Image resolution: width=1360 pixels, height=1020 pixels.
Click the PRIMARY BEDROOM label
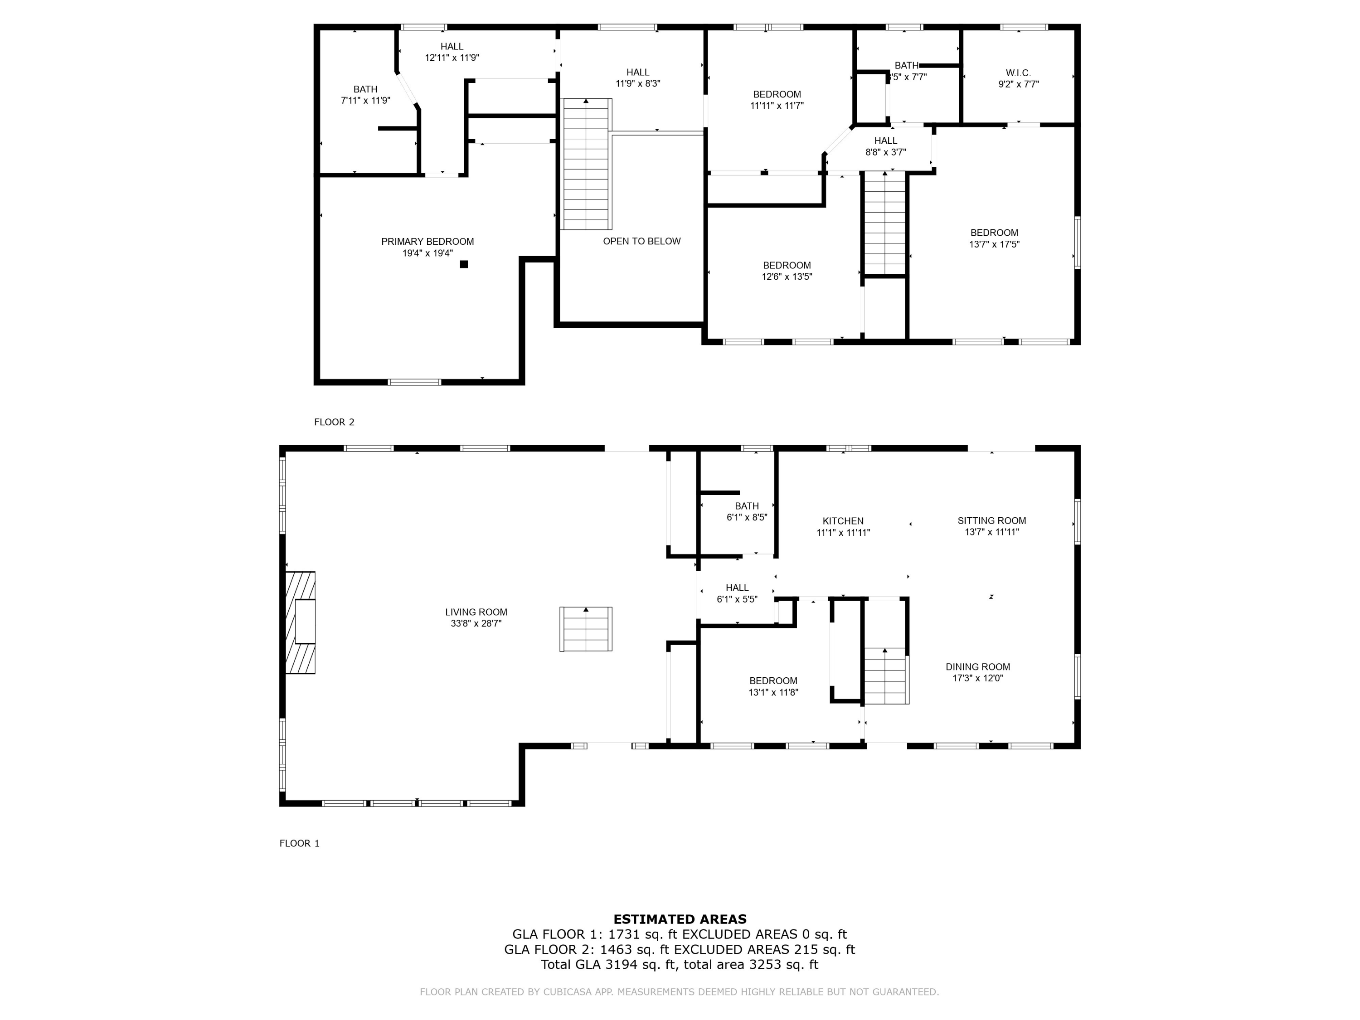click(427, 242)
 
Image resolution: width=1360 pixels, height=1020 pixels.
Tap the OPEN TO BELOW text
click(642, 241)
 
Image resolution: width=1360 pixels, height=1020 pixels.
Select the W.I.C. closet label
click(1019, 73)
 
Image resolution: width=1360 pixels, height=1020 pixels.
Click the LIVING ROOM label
click(476, 612)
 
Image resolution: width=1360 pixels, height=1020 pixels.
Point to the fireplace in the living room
click(301, 623)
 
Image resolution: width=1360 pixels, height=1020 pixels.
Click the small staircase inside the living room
click(586, 629)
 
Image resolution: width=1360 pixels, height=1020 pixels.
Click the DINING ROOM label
click(977, 667)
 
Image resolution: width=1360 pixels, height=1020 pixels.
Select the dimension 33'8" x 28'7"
click(476, 623)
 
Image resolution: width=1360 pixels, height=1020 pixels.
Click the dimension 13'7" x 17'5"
click(994, 244)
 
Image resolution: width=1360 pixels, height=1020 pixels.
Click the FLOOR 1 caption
click(299, 843)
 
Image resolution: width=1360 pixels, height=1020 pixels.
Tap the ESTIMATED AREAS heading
click(680, 919)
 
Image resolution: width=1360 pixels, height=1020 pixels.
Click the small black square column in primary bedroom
click(464, 264)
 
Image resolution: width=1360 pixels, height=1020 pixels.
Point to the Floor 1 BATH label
click(747, 506)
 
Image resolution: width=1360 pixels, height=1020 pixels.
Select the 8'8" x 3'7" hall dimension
click(885, 152)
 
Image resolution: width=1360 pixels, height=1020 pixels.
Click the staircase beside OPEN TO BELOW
click(587, 164)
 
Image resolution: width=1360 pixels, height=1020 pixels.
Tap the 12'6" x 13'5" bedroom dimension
click(787, 277)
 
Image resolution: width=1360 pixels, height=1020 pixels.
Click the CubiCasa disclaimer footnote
click(680, 992)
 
